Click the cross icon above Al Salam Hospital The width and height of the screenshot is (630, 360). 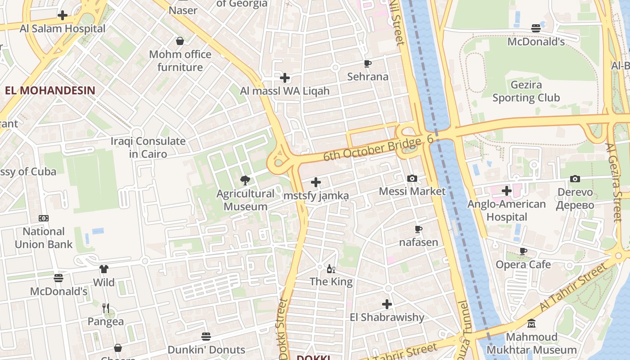click(63, 15)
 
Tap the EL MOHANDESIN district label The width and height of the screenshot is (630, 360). click(50, 90)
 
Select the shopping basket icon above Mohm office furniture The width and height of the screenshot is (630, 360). click(180, 41)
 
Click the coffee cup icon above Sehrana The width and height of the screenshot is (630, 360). click(368, 63)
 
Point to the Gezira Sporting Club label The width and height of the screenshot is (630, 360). click(526, 91)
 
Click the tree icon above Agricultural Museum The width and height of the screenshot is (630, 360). click(245, 180)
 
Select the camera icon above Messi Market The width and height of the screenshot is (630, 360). click(412, 178)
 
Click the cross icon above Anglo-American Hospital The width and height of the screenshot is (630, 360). click(507, 191)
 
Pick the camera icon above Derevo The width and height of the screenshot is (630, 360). click(575, 179)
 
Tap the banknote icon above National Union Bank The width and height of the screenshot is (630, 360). click(44, 218)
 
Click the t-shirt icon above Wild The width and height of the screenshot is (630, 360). click(104, 269)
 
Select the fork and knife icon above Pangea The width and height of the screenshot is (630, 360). click(106, 308)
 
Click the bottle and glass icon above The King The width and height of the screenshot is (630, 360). click(331, 269)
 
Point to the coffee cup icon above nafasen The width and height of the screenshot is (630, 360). click(418, 229)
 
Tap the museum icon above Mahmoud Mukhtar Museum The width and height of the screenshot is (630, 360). click(531, 324)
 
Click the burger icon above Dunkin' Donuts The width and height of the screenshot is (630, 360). click(206, 337)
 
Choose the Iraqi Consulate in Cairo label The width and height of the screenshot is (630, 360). click(148, 148)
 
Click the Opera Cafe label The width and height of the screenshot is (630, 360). click(523, 264)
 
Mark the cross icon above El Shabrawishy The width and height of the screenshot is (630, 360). click(387, 304)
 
